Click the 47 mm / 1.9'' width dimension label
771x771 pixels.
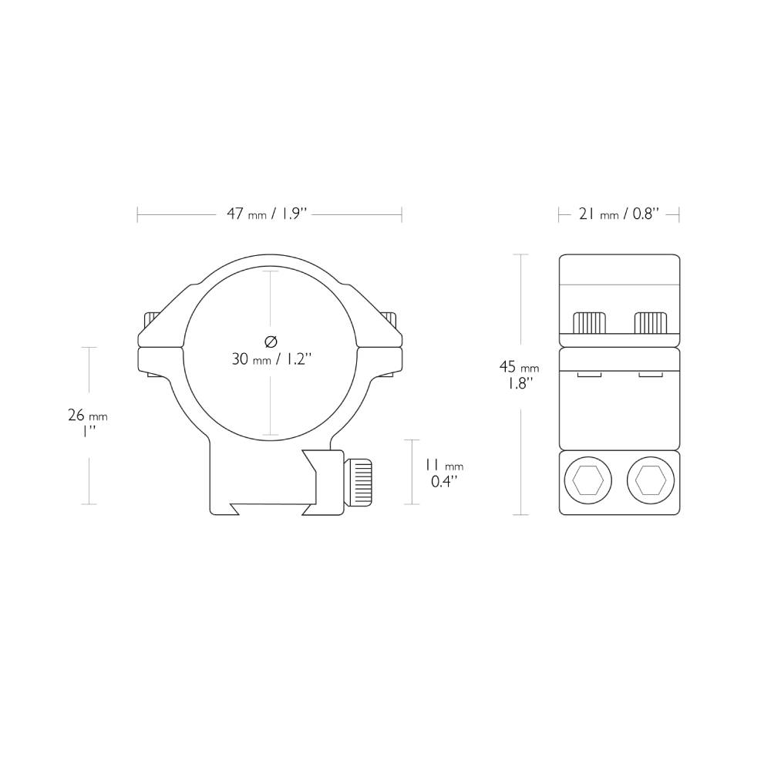point(267,214)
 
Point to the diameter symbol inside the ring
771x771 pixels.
point(270,341)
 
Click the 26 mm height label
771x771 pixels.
point(87,416)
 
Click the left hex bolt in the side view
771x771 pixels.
point(588,482)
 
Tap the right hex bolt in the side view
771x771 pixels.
point(650,482)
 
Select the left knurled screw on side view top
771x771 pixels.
point(589,322)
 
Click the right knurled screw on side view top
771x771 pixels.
point(650,322)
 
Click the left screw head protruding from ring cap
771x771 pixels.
point(150,318)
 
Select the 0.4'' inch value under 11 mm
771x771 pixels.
point(443,482)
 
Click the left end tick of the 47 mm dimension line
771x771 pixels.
point(137,214)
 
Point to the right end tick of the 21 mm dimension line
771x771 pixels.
point(678,214)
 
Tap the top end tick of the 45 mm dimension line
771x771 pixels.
point(522,254)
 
